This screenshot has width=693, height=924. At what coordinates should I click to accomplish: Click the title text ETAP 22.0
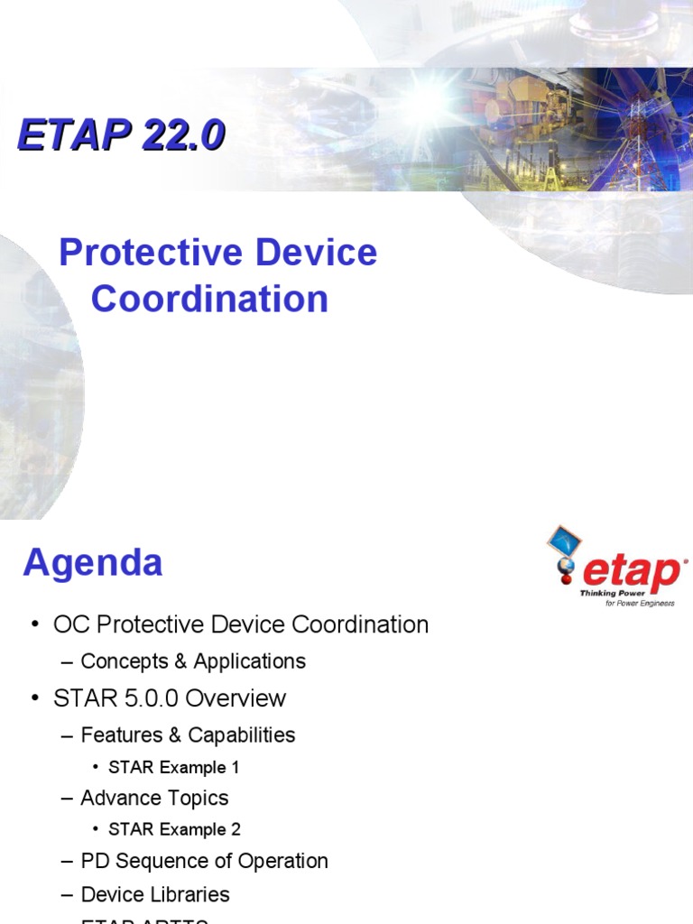click(x=121, y=136)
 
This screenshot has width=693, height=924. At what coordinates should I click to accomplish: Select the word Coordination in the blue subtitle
click(x=209, y=299)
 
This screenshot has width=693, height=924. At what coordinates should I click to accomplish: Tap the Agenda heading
click(x=92, y=563)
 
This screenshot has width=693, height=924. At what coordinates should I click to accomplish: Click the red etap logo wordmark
click(x=632, y=571)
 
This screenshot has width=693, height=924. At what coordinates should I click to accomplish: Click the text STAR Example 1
click(x=174, y=768)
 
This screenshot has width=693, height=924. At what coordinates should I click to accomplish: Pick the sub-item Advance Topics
click(x=154, y=799)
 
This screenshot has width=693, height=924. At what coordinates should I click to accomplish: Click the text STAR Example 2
click(x=174, y=829)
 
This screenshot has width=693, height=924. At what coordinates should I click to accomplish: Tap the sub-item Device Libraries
click(x=155, y=894)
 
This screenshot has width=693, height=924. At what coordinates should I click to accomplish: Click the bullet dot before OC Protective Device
click(x=35, y=625)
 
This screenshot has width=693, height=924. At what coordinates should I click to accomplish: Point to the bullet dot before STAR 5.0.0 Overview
click(x=35, y=699)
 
